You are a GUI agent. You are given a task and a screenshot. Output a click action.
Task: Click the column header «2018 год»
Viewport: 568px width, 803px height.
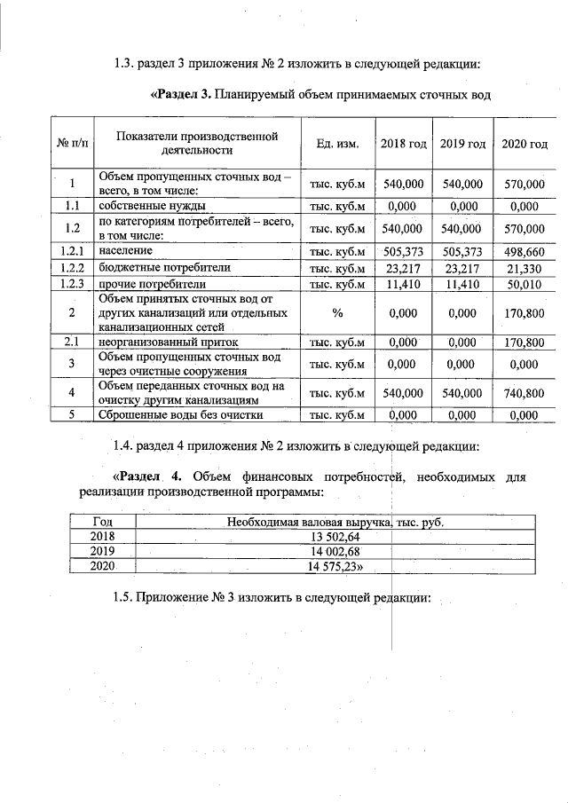(403, 144)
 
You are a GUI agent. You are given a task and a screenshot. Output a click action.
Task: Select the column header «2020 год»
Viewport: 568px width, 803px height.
(525, 144)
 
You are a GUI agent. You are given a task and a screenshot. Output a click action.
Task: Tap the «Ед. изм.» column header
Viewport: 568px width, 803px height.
(335, 144)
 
